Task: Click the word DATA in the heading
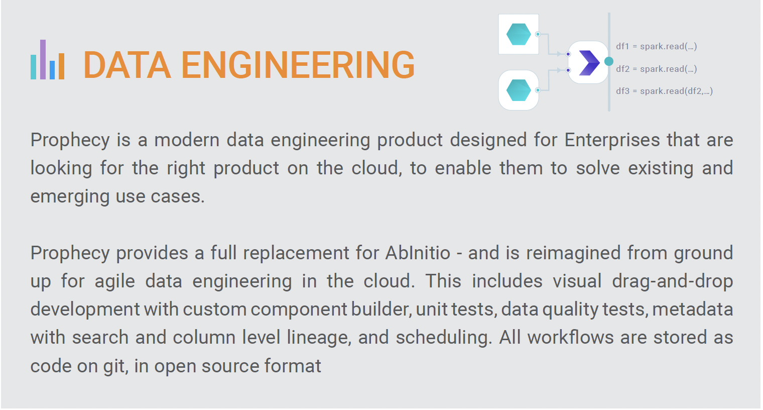tap(127, 65)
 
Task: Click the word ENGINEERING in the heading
tap(298, 65)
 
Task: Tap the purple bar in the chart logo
tap(43, 60)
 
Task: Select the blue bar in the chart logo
tap(52, 70)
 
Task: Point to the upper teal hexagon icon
tap(519, 34)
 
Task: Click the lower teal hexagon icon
tap(519, 90)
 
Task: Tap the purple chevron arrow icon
tap(589, 63)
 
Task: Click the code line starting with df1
tap(657, 46)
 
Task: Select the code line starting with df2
tap(657, 69)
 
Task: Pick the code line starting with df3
tap(664, 91)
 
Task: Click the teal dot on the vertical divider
tap(609, 61)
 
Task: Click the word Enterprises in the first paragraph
tap(612, 140)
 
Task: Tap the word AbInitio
tap(418, 253)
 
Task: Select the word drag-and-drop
tap(673, 282)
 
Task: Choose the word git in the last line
tap(116, 366)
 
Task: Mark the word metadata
tap(693, 309)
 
